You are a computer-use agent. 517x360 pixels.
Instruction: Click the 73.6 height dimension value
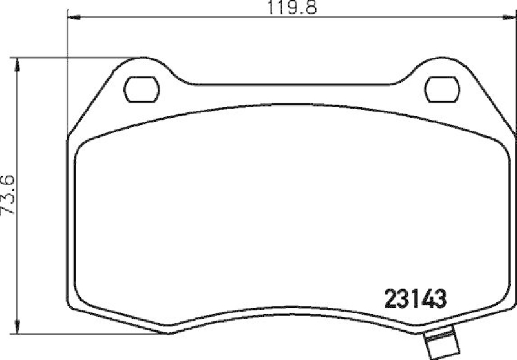click(x=8, y=198)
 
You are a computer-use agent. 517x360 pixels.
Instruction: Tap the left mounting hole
click(x=142, y=90)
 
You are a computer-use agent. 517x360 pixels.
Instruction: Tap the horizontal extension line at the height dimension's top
click(x=78, y=57)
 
